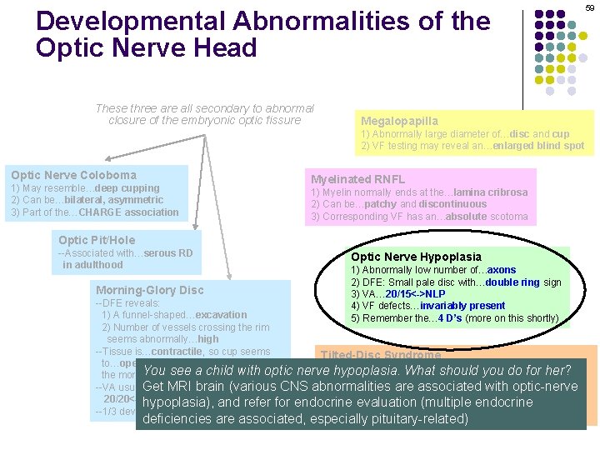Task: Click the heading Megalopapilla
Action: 399,122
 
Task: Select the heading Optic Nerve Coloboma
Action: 73,175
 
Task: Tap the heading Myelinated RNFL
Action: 357,179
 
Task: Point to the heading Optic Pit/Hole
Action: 97,240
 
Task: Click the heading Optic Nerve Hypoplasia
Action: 416,257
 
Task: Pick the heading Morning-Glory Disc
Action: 149,290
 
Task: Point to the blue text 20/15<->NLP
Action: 414,294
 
